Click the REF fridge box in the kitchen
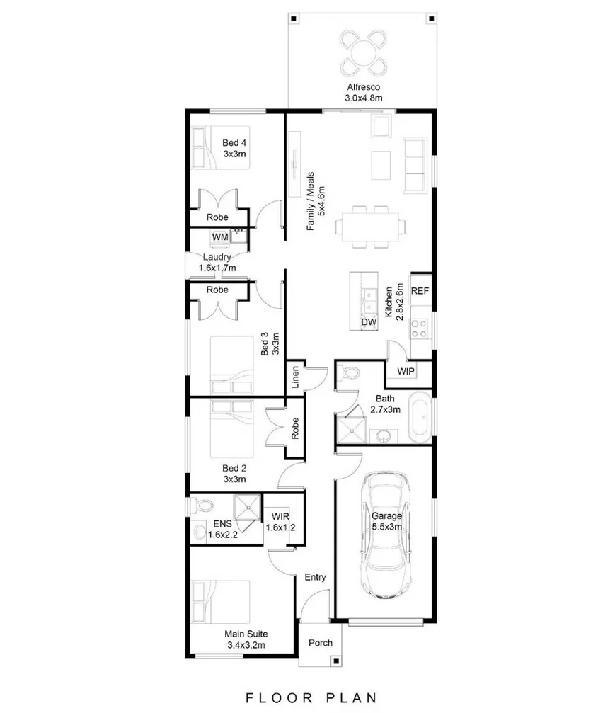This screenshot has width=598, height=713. point(420,291)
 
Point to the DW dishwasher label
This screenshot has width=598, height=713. point(368,322)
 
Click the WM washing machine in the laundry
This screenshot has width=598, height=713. point(219,236)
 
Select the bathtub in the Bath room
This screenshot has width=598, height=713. point(419,418)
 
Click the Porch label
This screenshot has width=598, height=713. point(321,643)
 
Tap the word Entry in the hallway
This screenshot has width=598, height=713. point(315,578)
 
